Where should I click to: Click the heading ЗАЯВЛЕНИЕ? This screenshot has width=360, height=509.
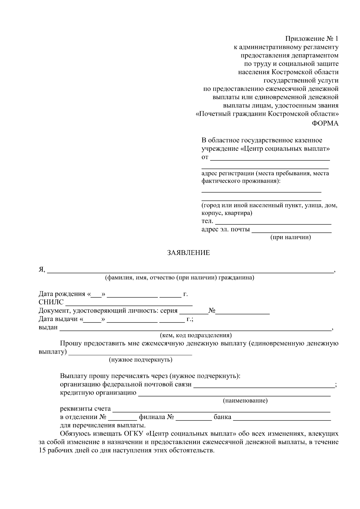pyautogui.click(x=188, y=253)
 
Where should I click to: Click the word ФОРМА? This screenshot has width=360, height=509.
pyautogui.click(x=325, y=124)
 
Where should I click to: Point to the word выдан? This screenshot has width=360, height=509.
pyautogui.click(x=48, y=327)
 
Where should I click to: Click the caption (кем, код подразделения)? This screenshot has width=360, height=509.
pyautogui.click(x=196, y=335)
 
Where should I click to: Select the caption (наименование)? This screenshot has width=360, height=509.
pyautogui.click(x=245, y=401)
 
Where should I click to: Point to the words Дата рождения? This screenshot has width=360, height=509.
pyautogui.click(x=62, y=294)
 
